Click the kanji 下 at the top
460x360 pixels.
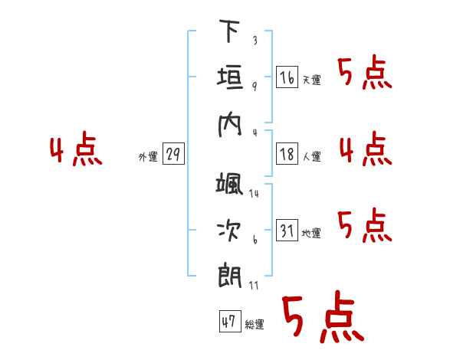coord(230,31)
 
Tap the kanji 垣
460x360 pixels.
coord(230,77)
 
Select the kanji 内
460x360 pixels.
coord(230,125)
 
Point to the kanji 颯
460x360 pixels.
coord(229,184)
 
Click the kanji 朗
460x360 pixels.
coord(230,276)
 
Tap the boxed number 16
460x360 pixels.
coord(287,77)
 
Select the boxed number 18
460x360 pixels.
coord(287,154)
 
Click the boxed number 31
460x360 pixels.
coord(287,230)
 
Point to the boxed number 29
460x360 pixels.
coord(173,154)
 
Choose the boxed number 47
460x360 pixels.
coord(230,321)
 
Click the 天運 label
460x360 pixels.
coord(312,80)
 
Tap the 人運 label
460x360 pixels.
coord(312,156)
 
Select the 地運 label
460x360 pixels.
coord(311,234)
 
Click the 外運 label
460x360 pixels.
coord(148,157)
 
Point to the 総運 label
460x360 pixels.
coord(255,324)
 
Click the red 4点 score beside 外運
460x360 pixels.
coord(76,149)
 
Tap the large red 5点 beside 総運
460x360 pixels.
coord(323,316)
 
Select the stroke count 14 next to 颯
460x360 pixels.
coord(254,194)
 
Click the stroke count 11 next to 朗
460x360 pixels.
coord(254,286)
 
